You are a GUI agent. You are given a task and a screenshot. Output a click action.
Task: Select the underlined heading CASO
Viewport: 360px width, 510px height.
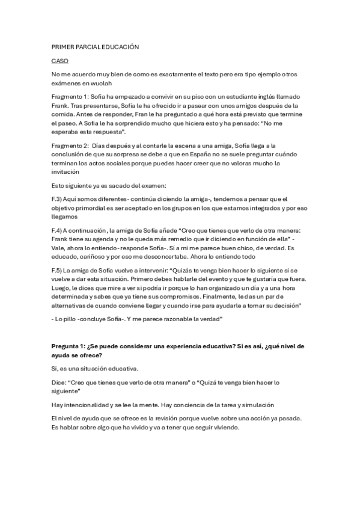60,61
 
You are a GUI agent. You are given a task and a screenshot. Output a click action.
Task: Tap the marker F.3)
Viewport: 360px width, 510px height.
59,199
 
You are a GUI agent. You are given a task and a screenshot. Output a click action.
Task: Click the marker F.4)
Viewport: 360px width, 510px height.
59,230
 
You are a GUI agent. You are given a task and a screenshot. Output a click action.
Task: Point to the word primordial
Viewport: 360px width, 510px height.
94,208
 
